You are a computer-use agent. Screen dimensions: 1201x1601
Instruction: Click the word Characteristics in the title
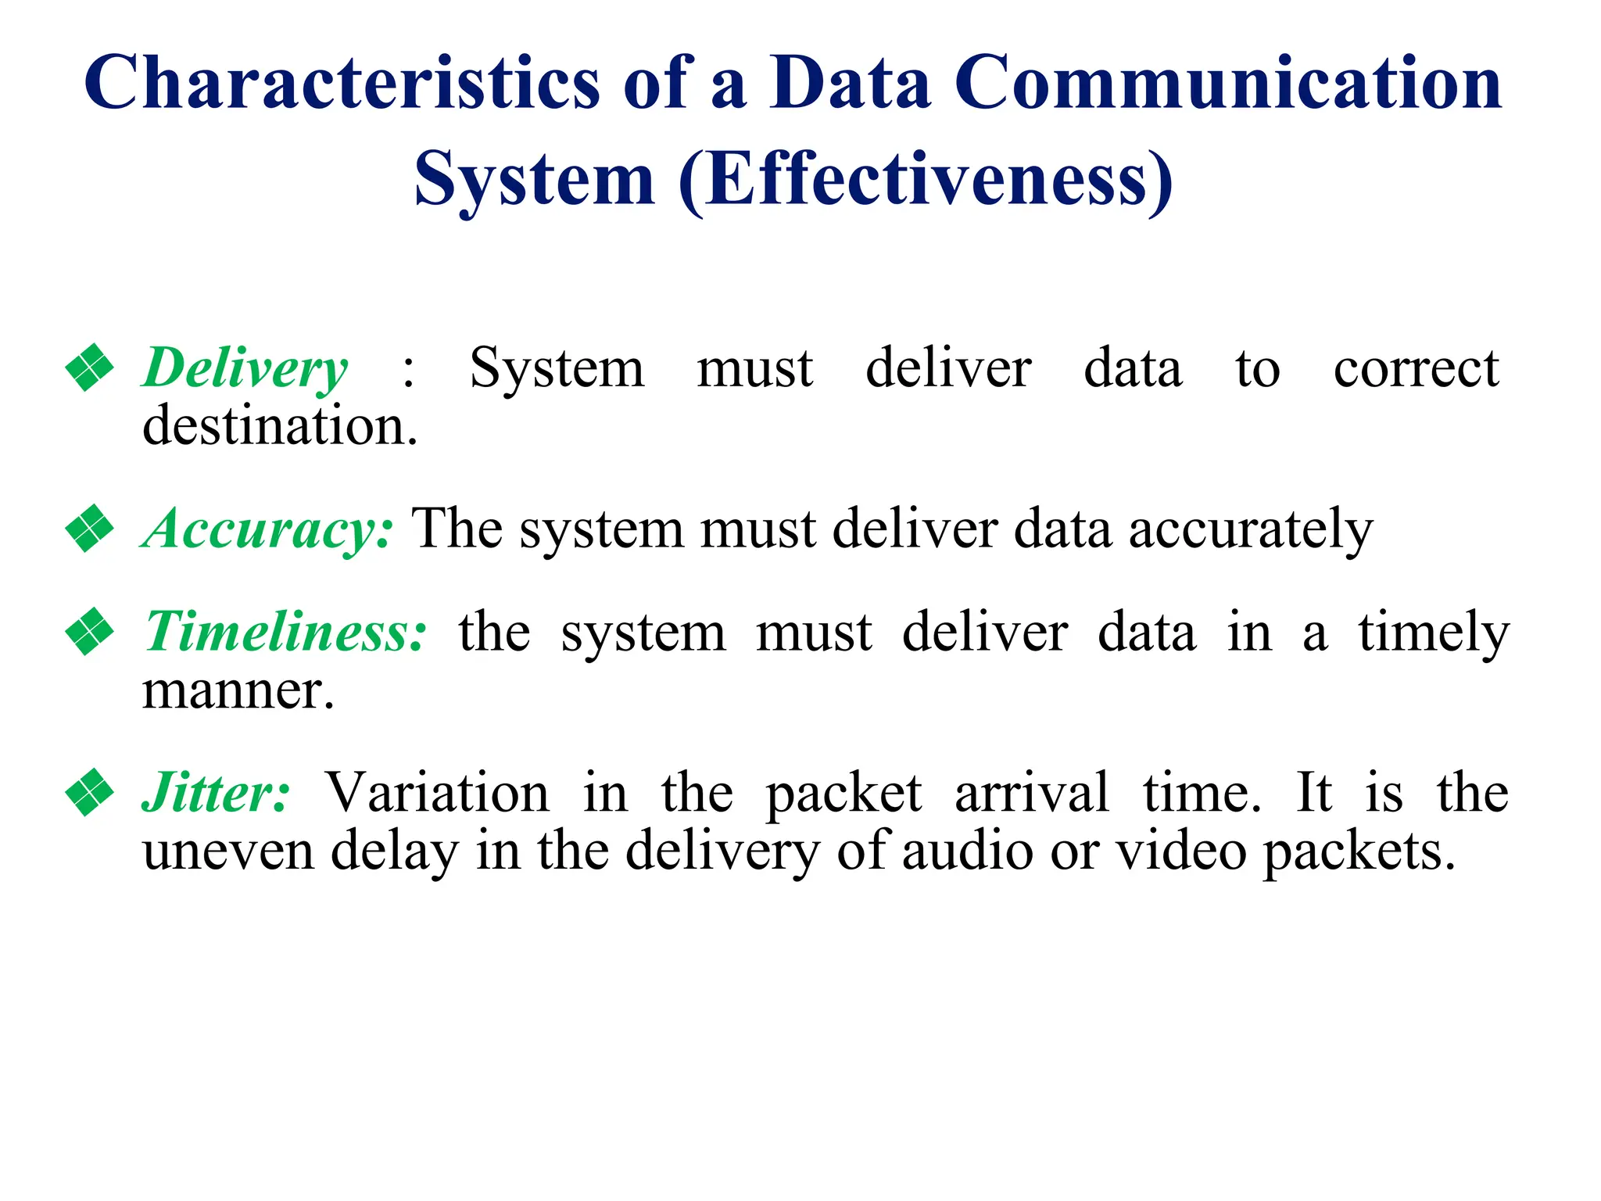coord(342,82)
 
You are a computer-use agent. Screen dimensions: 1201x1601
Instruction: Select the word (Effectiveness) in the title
coord(926,180)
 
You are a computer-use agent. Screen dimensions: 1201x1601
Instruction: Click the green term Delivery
coord(245,367)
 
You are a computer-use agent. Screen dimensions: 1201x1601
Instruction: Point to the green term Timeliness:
coord(286,632)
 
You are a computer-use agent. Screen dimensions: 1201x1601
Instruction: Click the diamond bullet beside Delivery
coord(90,367)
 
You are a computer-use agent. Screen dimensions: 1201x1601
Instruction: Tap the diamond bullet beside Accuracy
coord(90,529)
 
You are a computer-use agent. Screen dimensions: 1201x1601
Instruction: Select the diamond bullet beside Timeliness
coord(90,631)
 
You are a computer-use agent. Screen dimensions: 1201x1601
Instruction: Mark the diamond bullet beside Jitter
coord(90,792)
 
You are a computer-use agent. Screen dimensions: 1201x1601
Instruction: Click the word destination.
coord(280,426)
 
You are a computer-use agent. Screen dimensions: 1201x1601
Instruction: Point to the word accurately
coord(1250,529)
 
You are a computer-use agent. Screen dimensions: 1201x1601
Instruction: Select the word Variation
coord(437,793)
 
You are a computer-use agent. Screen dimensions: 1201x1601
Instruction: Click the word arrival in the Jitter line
coord(1032,793)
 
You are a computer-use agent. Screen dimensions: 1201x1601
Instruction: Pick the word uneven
coord(227,851)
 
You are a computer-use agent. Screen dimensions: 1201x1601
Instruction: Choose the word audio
coord(967,851)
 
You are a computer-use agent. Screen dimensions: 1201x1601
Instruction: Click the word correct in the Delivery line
coord(1416,367)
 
